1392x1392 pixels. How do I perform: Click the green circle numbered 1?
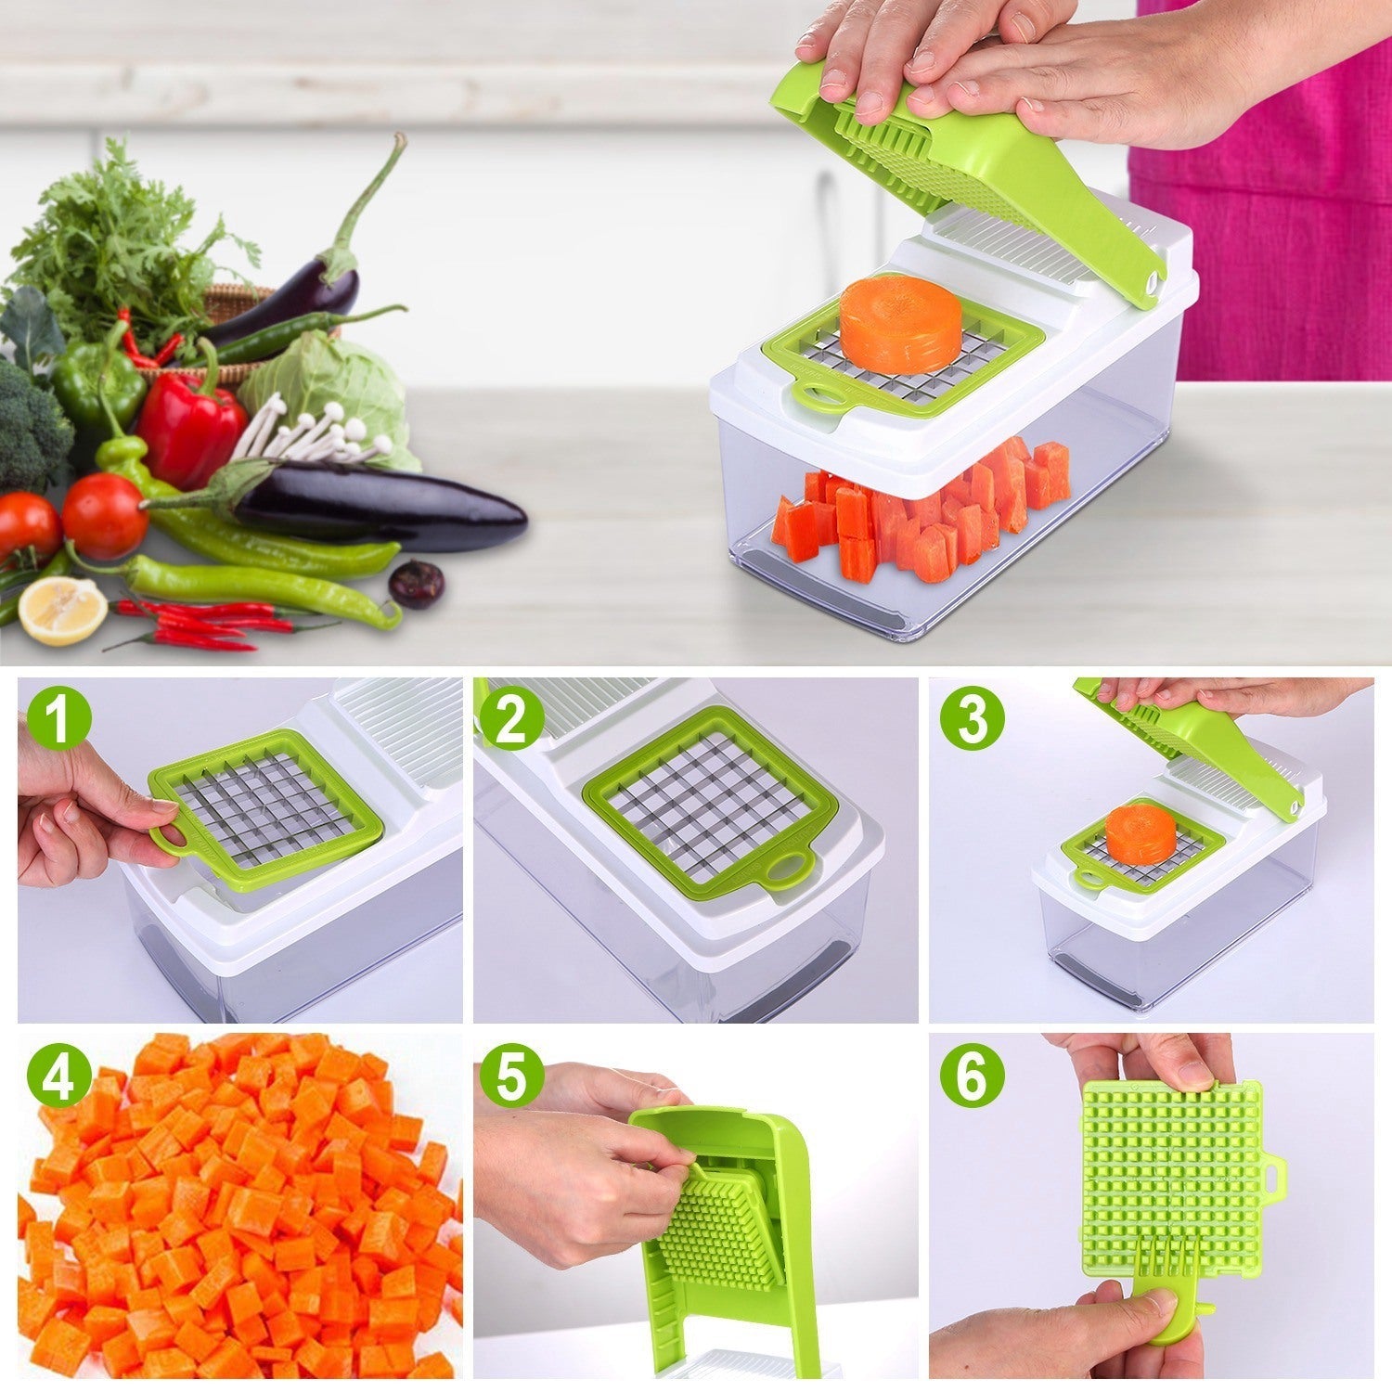(x=58, y=718)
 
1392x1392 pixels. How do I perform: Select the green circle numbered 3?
(x=971, y=718)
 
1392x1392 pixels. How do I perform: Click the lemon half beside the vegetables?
(x=62, y=610)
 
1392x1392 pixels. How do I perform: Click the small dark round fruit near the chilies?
(x=416, y=584)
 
